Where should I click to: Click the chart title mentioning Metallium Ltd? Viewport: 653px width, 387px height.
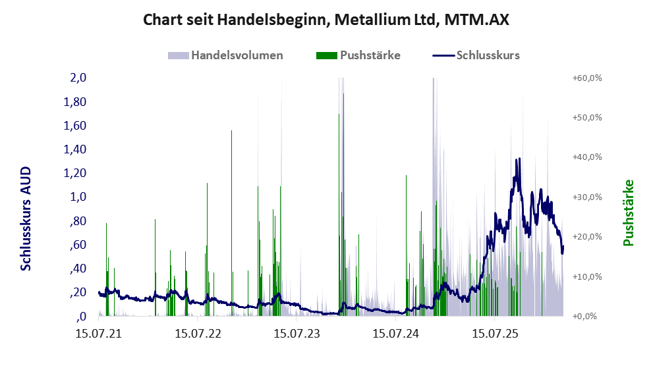pyautogui.click(x=326, y=20)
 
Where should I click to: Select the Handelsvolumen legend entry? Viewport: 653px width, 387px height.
pyautogui.click(x=237, y=55)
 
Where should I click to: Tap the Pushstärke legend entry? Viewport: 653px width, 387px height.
pyautogui.click(x=370, y=55)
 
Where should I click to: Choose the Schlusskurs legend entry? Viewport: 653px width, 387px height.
pyautogui.click(x=488, y=55)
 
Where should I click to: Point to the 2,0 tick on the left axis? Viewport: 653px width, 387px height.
pyautogui.click(x=78, y=78)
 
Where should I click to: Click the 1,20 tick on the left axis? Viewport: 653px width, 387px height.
pyautogui.click(x=75, y=173)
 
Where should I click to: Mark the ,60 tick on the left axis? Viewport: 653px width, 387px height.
pyautogui.click(x=78, y=245)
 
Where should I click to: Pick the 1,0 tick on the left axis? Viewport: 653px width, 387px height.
pyautogui.click(x=78, y=197)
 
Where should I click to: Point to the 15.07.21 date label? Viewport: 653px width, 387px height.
pyautogui.click(x=99, y=334)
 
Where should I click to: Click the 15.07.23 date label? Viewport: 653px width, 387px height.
pyautogui.click(x=297, y=334)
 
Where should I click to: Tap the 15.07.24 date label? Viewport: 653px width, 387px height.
pyautogui.click(x=395, y=334)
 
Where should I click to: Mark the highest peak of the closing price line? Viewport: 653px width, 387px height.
pyautogui.click(x=519, y=159)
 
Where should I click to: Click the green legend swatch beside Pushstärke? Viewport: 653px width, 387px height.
pyautogui.click(x=327, y=55)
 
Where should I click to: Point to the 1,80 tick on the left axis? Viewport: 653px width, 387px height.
pyautogui.click(x=75, y=102)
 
